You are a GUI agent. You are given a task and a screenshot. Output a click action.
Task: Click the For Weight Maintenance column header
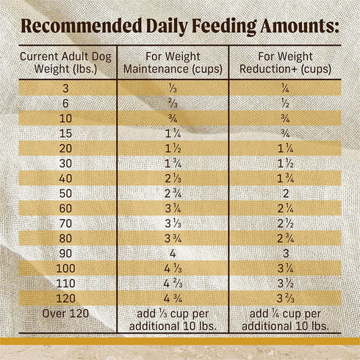[172, 63]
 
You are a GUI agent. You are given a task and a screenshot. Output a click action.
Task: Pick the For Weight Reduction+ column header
[284, 63]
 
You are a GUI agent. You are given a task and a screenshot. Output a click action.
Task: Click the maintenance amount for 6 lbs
[172, 103]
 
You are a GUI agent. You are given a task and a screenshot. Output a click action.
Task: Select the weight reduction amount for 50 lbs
[284, 192]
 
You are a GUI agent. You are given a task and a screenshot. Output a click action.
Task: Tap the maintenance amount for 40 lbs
[172, 178]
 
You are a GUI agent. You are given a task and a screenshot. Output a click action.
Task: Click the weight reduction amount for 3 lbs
[284, 87]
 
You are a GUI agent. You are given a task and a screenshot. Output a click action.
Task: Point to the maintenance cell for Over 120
[172, 320]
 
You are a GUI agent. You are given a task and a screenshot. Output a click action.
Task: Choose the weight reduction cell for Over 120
[284, 320]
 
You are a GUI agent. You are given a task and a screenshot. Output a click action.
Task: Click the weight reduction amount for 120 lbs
[284, 298]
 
